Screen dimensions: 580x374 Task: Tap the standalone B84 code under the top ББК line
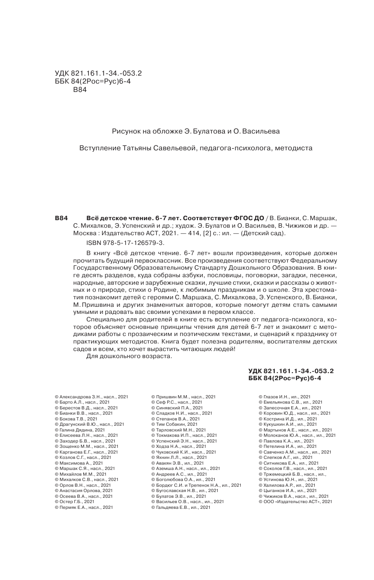click(79, 90)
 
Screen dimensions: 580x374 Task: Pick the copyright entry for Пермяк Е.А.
click(83, 507)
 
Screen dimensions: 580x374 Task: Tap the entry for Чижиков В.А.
click(293, 496)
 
